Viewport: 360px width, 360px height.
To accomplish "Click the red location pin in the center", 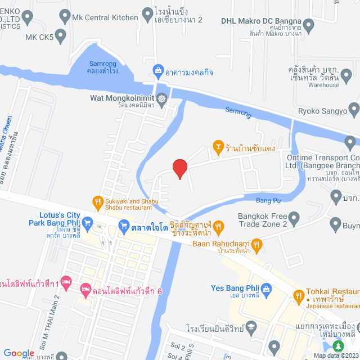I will (x=179, y=168).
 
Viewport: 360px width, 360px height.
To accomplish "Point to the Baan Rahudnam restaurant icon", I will (x=257, y=244).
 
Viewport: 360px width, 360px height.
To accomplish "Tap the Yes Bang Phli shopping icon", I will (x=266, y=289).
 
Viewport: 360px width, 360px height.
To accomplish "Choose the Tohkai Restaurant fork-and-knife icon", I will (x=298, y=294).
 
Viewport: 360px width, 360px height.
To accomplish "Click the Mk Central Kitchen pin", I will (x=63, y=17).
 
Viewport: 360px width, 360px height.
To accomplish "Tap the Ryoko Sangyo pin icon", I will (x=353, y=108).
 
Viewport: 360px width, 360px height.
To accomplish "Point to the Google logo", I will (x=19, y=353).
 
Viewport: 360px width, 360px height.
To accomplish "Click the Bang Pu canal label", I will (x=268, y=200).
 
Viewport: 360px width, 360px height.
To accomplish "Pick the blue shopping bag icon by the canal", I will (x=158, y=71).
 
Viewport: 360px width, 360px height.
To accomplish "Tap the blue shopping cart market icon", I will (x=124, y=227).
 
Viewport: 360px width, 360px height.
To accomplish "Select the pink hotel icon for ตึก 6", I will (x=85, y=291).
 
